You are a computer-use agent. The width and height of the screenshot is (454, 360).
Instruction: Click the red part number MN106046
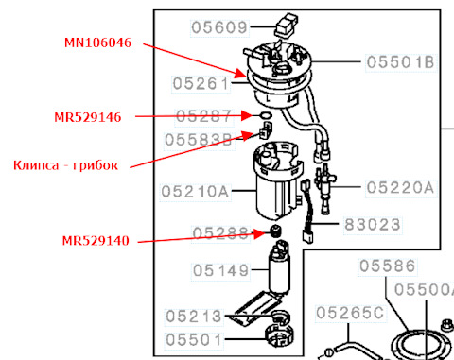pos(97,43)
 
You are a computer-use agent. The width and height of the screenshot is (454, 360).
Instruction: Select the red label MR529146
pos(88,117)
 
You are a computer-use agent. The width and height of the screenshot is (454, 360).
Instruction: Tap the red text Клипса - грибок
pos(65,165)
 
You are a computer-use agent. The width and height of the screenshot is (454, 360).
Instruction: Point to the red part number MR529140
pos(96,241)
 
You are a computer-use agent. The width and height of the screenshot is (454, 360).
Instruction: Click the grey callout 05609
pos(219,27)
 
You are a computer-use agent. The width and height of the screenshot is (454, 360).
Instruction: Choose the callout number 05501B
pos(401,62)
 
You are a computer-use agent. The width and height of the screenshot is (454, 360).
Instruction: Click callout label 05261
pos(201,84)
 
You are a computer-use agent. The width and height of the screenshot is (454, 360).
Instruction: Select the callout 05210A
pos(195,192)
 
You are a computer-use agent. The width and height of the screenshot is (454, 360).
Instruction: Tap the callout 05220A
pos(401,188)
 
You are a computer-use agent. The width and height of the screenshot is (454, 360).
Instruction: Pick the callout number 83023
pos(373,225)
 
